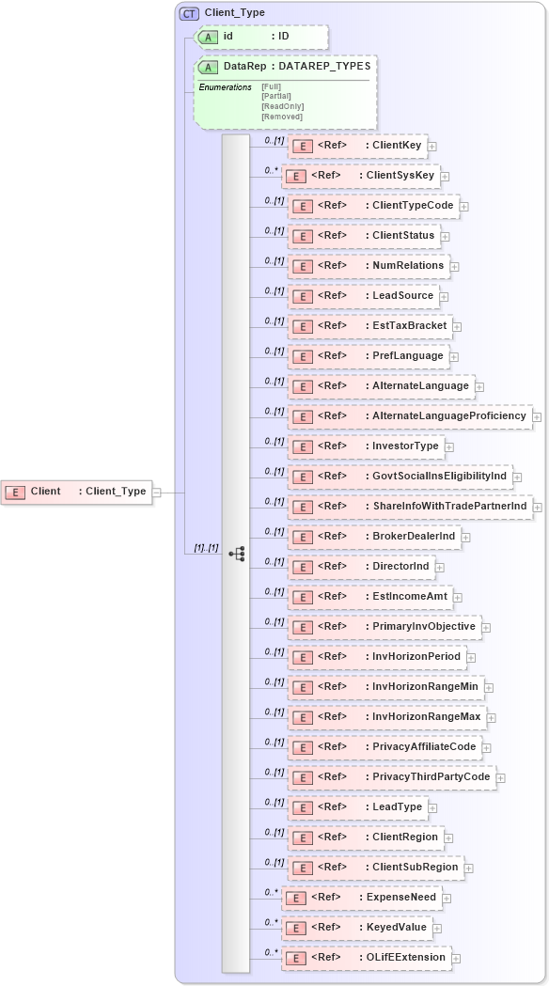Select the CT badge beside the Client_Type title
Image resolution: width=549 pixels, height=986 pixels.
click(x=189, y=13)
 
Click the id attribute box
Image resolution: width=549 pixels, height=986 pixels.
click(x=261, y=37)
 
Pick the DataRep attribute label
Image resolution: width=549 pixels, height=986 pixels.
click(x=243, y=67)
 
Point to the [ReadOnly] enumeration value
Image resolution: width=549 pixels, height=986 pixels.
click(x=282, y=106)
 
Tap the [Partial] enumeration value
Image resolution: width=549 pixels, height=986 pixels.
click(x=276, y=96)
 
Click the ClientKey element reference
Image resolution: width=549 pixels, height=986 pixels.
click(x=357, y=146)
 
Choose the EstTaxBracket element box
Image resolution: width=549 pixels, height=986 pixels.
click(x=369, y=326)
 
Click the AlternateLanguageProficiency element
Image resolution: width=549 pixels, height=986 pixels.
click(x=409, y=416)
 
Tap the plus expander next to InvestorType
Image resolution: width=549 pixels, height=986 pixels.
click(x=449, y=446)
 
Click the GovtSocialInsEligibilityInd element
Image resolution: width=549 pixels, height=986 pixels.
click(x=400, y=477)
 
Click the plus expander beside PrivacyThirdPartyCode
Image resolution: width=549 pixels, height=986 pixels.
click(x=501, y=778)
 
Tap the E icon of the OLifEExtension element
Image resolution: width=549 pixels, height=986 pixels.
click(x=295, y=958)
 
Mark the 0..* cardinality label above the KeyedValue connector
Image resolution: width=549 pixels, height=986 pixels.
click(x=271, y=922)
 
